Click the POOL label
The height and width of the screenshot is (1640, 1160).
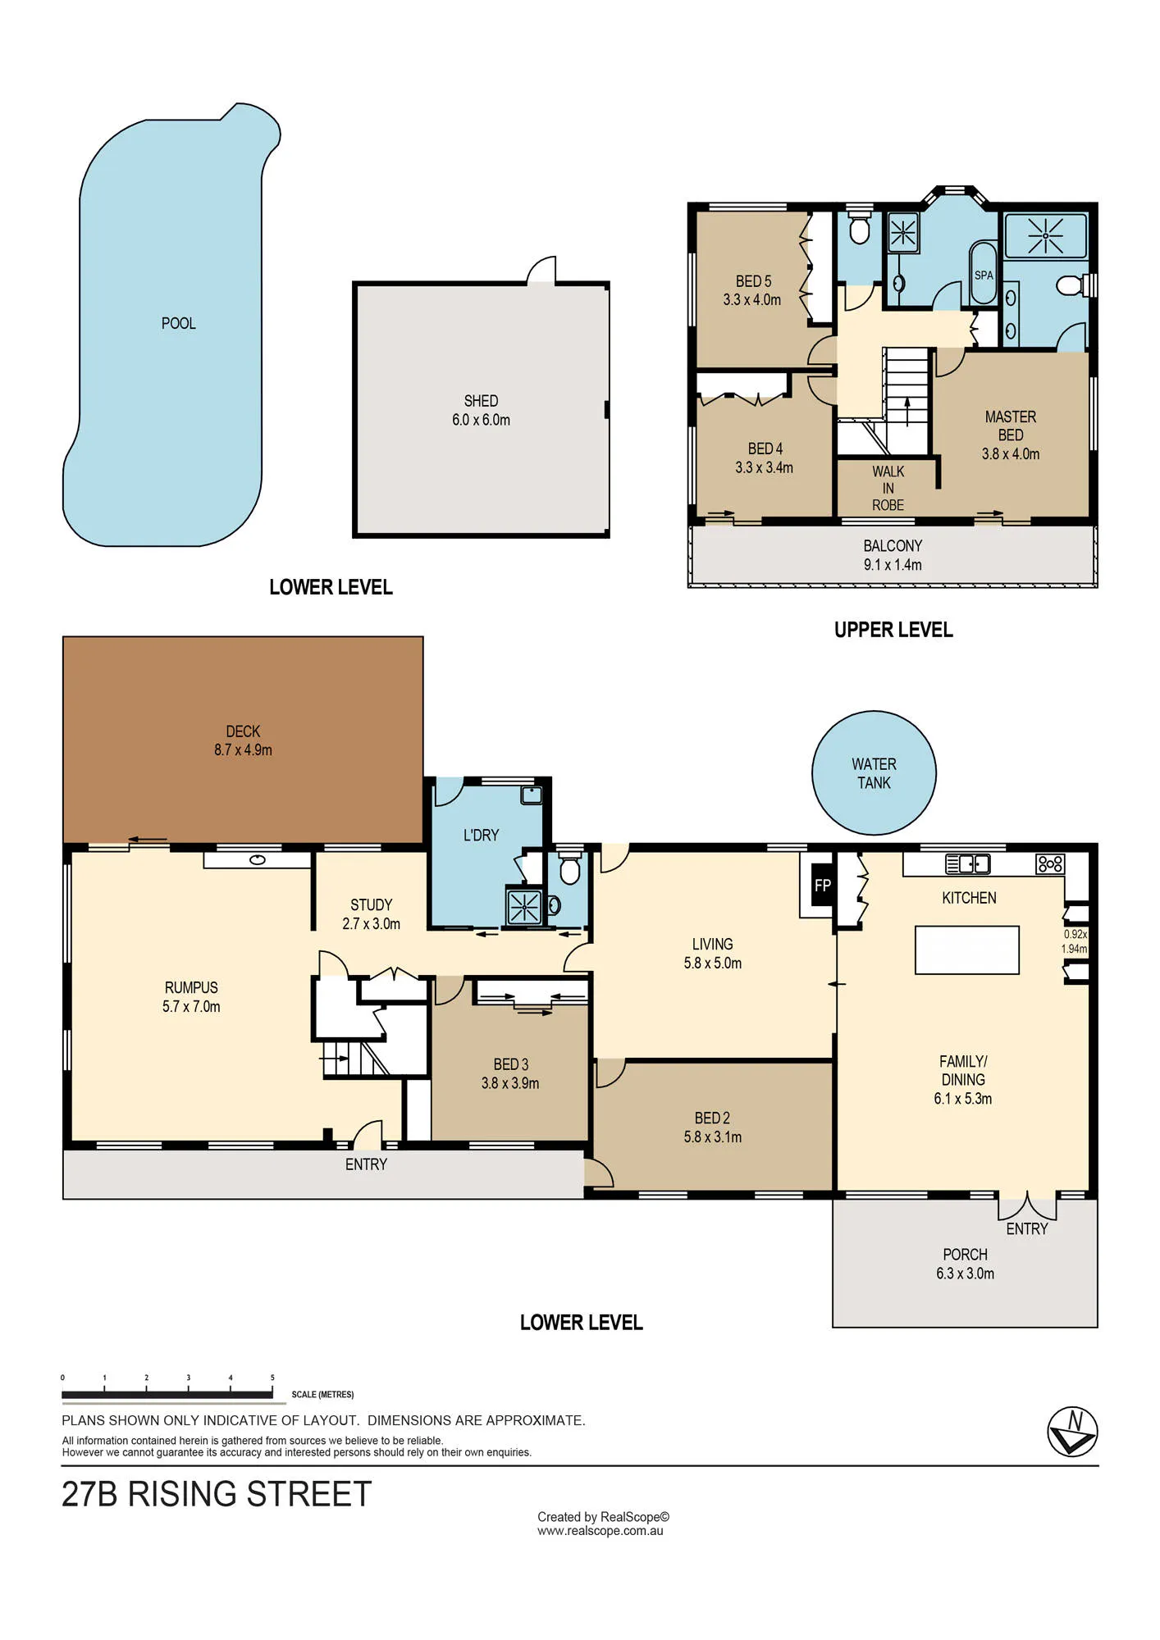point(178,323)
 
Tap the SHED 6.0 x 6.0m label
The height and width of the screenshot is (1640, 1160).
point(481,410)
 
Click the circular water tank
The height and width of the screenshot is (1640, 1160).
point(874,772)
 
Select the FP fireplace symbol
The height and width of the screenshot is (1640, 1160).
point(823,885)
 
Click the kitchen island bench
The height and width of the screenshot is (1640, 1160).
point(967,950)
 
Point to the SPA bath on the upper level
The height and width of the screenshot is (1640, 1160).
point(983,273)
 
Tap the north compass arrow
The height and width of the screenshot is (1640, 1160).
point(1073,1432)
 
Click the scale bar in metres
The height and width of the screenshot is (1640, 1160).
point(167,1394)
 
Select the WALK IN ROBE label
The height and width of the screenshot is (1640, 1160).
point(888,488)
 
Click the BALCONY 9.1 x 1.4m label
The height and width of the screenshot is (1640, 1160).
point(893,555)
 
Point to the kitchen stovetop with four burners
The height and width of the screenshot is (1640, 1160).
point(1050,863)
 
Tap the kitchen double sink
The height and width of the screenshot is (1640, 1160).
point(968,863)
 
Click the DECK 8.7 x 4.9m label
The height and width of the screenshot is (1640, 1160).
point(243,740)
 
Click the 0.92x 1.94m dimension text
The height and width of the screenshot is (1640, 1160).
point(1075,941)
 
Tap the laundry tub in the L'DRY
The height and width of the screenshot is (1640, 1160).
point(532,795)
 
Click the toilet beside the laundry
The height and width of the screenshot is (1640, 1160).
point(569,870)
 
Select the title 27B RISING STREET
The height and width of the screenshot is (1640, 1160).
point(217,1494)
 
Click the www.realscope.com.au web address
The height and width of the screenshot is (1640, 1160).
point(600,1531)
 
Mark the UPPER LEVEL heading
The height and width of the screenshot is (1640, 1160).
point(893,630)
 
